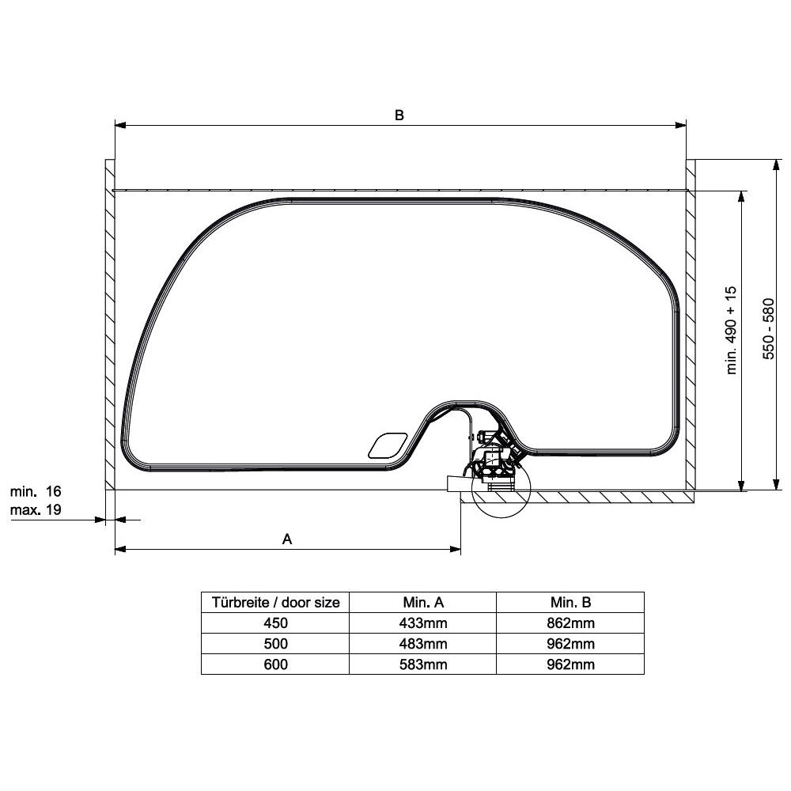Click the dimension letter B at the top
399,115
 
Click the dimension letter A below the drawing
287,539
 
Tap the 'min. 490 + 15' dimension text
732,331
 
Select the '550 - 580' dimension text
768,329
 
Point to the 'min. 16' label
36,491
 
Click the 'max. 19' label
36,509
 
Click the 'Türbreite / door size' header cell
275,602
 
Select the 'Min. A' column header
422,602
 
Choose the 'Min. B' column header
570,602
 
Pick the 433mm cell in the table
422,623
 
